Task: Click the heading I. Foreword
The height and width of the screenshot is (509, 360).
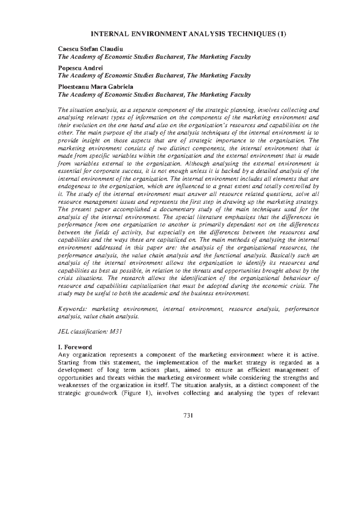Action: (75, 347)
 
